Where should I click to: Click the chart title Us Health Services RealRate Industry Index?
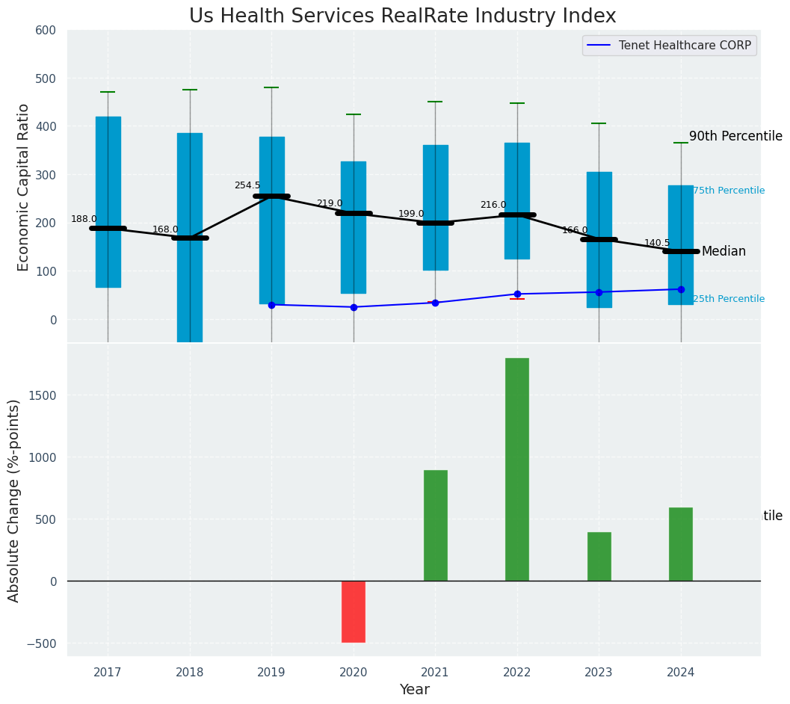coord(402,16)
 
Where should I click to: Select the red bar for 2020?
coord(354,611)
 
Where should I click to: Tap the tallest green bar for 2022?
coord(517,469)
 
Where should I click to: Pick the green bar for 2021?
coord(435,525)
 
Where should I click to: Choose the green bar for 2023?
coord(599,556)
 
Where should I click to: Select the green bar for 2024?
coord(680,544)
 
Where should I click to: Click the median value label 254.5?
coord(247,185)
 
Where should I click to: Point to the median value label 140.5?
coord(657,244)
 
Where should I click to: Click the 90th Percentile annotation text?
coord(735,137)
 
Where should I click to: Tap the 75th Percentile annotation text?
coord(729,191)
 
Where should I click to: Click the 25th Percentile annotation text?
coord(729,299)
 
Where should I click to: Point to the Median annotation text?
coord(723,252)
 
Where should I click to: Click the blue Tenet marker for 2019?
coord(271,305)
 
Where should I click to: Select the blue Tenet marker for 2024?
coord(681,289)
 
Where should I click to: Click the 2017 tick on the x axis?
coord(108,673)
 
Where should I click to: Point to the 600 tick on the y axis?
coord(46,31)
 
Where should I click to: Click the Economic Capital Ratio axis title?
coord(24,187)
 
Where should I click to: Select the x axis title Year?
coord(414,690)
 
